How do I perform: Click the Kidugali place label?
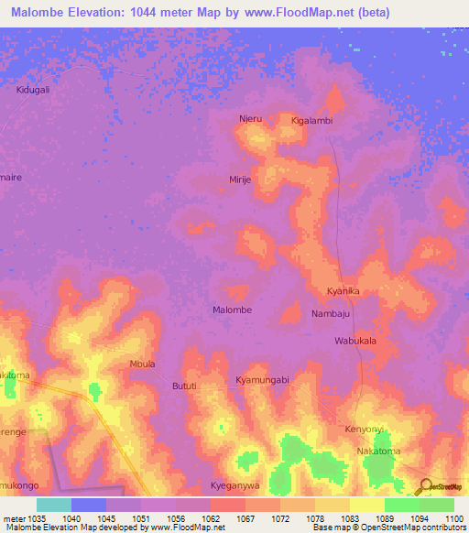tap(33, 90)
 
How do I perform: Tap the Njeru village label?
tap(250, 120)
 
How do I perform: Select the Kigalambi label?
tap(311, 121)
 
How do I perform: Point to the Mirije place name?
tap(240, 180)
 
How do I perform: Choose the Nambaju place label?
tap(331, 313)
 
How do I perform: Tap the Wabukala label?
tap(355, 341)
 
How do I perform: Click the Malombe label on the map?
tap(232, 310)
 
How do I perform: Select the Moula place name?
tap(142, 364)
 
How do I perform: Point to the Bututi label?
tap(184, 386)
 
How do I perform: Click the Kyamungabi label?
tap(262, 379)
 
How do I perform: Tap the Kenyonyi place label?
tap(364, 429)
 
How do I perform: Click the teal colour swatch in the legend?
tap(54, 504)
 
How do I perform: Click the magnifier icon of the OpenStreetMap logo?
tap(424, 485)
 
